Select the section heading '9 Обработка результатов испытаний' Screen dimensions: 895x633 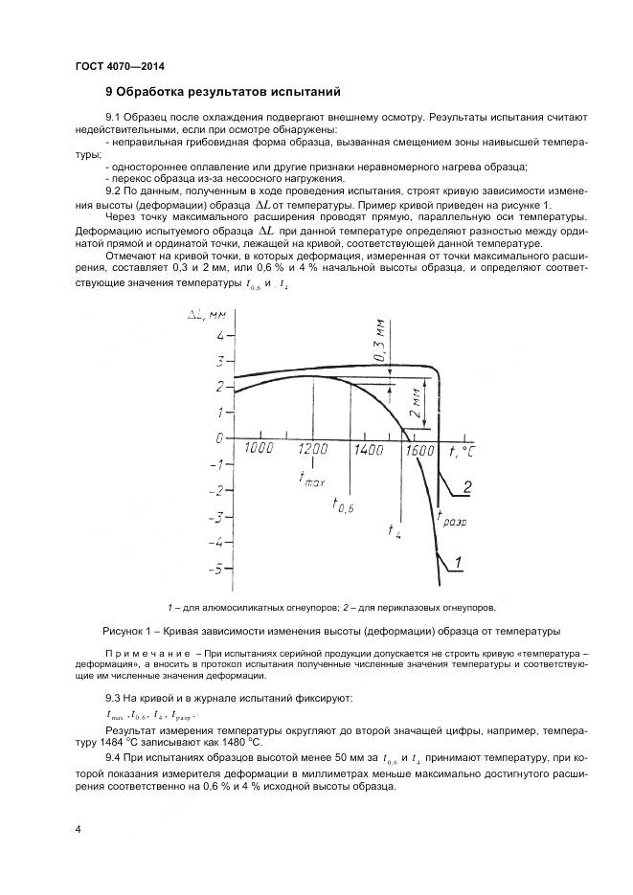click(222, 93)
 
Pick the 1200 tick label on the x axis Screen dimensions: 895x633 click(313, 449)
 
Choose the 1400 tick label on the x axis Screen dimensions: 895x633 click(369, 449)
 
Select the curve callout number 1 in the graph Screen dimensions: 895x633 click(459, 561)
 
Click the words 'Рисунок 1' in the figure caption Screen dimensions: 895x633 click(131, 631)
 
